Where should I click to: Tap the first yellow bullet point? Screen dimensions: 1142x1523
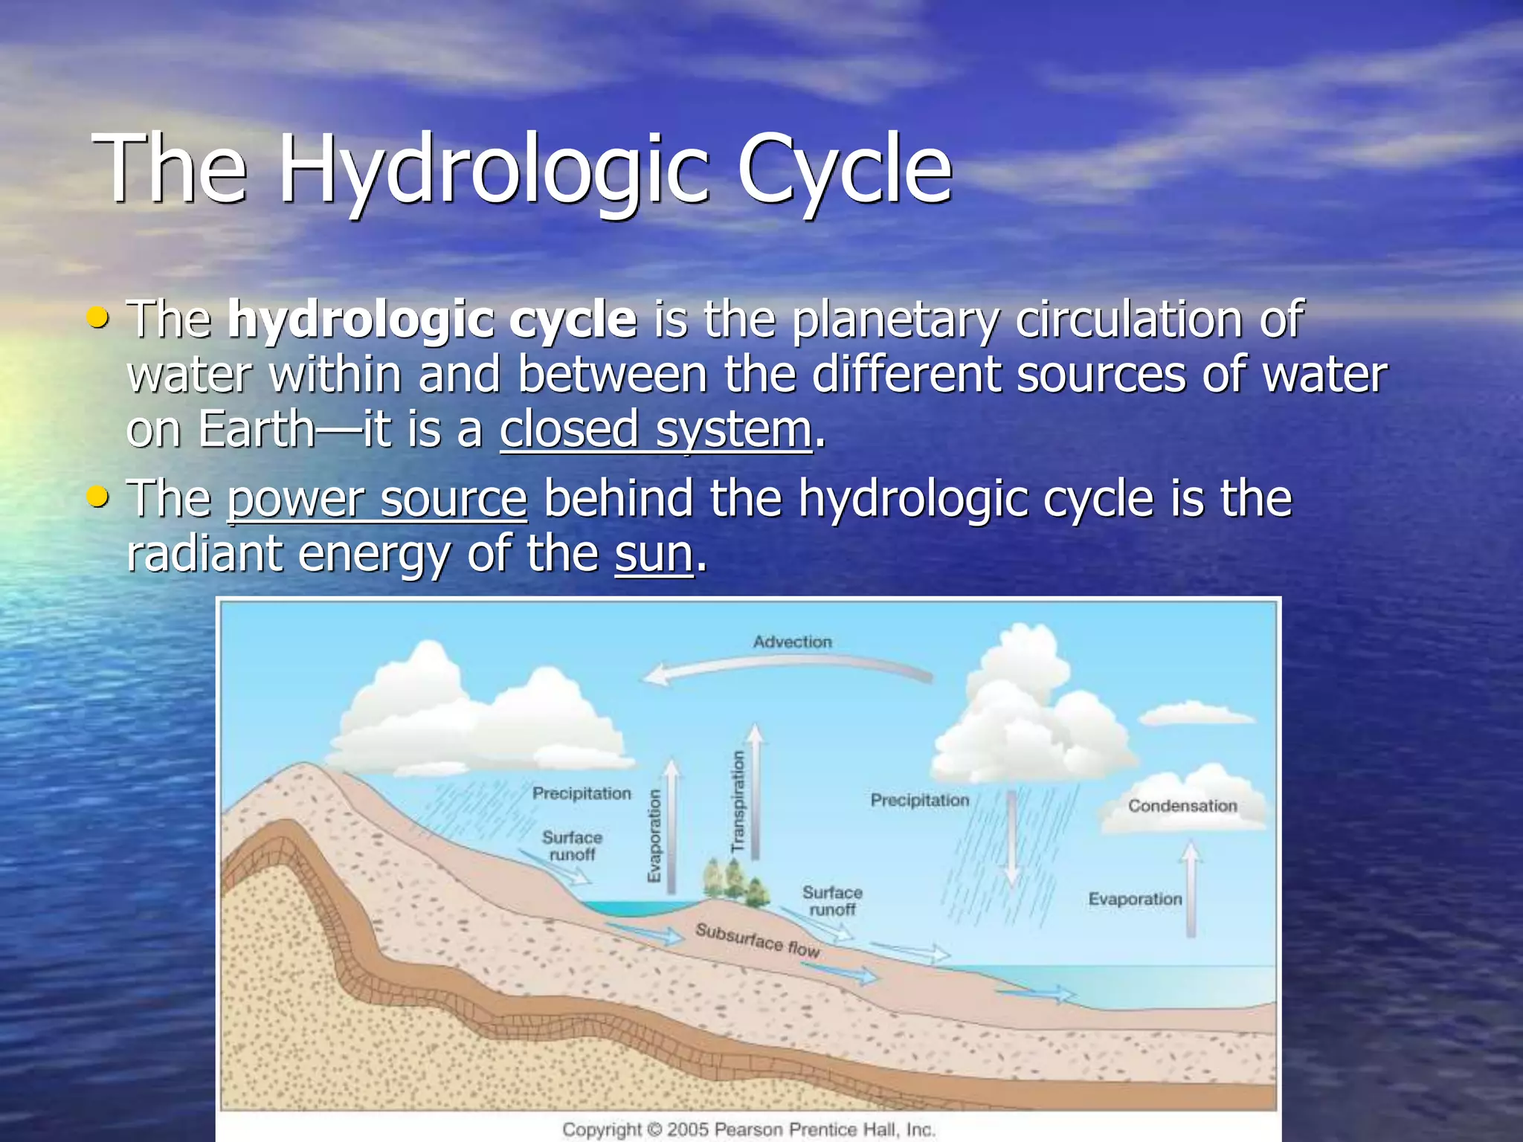click(x=97, y=317)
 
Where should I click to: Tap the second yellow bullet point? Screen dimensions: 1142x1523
click(x=97, y=496)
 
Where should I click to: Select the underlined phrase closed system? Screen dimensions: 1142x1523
click(x=656, y=430)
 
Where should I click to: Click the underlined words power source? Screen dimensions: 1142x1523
click(x=377, y=499)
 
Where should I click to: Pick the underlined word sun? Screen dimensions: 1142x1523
click(x=654, y=555)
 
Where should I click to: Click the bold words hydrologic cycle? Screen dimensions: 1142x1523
click(x=432, y=320)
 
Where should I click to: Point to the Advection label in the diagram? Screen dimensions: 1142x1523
click(x=792, y=642)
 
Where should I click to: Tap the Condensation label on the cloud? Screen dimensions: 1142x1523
click(x=1182, y=806)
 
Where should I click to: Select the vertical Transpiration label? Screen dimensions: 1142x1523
click(x=738, y=801)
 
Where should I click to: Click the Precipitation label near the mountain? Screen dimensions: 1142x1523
click(x=582, y=793)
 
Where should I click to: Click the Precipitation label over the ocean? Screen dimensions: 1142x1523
click(x=920, y=800)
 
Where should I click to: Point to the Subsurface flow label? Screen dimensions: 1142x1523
click(x=757, y=941)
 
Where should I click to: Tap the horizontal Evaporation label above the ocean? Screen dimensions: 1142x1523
click(x=1135, y=899)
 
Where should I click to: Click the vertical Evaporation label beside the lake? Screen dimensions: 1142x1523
click(x=654, y=836)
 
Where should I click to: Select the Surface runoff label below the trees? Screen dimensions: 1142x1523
click(x=832, y=900)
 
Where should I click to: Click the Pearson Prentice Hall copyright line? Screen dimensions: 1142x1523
click(x=748, y=1129)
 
